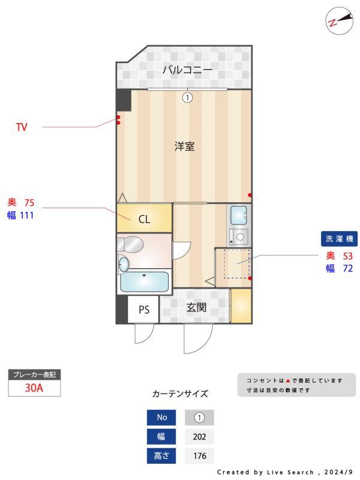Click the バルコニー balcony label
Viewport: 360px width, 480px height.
pyautogui.click(x=187, y=70)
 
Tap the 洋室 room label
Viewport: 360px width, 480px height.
pyautogui.click(x=184, y=146)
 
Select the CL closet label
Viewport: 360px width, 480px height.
pyautogui.click(x=144, y=219)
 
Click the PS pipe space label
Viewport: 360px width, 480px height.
pyautogui.click(x=144, y=310)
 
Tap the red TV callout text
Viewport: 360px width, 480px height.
pyautogui.click(x=22, y=127)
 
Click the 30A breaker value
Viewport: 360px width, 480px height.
pyautogui.click(x=34, y=388)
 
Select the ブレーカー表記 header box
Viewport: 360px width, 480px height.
pyautogui.click(x=34, y=375)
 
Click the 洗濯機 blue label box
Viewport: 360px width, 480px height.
pyautogui.click(x=340, y=239)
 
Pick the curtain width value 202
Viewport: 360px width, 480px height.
pyautogui.click(x=199, y=437)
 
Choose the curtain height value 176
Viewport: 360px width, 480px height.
pyautogui.click(x=199, y=456)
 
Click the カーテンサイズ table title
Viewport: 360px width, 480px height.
pyautogui.click(x=180, y=394)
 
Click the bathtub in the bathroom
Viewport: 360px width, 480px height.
pyautogui.click(x=144, y=281)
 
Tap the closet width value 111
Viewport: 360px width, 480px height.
pyautogui.click(x=26, y=215)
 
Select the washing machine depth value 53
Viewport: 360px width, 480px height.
pyautogui.click(x=347, y=256)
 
